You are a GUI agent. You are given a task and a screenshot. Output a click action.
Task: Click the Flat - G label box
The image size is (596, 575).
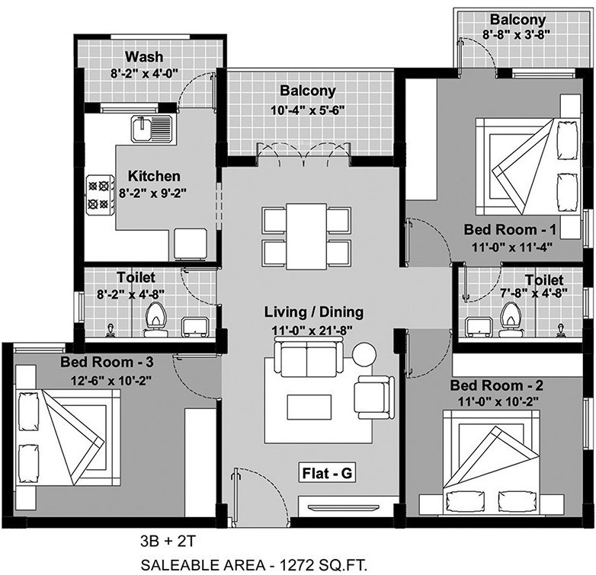click(326, 474)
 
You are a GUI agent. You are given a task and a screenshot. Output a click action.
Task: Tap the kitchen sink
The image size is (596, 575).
click(152, 129)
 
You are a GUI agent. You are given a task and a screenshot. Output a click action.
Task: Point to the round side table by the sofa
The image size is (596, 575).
click(364, 355)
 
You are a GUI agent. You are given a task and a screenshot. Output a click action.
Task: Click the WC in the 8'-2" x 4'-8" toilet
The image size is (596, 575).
click(156, 319)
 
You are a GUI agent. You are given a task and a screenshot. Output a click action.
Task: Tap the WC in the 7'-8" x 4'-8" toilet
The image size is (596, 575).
click(510, 318)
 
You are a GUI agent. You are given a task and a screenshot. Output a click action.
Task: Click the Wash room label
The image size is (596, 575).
click(144, 57)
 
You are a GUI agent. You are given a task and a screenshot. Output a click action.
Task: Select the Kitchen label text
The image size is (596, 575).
click(154, 176)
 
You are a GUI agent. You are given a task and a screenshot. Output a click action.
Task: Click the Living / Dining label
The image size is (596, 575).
click(314, 311)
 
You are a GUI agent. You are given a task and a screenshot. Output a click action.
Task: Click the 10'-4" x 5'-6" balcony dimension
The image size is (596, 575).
click(307, 109)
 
